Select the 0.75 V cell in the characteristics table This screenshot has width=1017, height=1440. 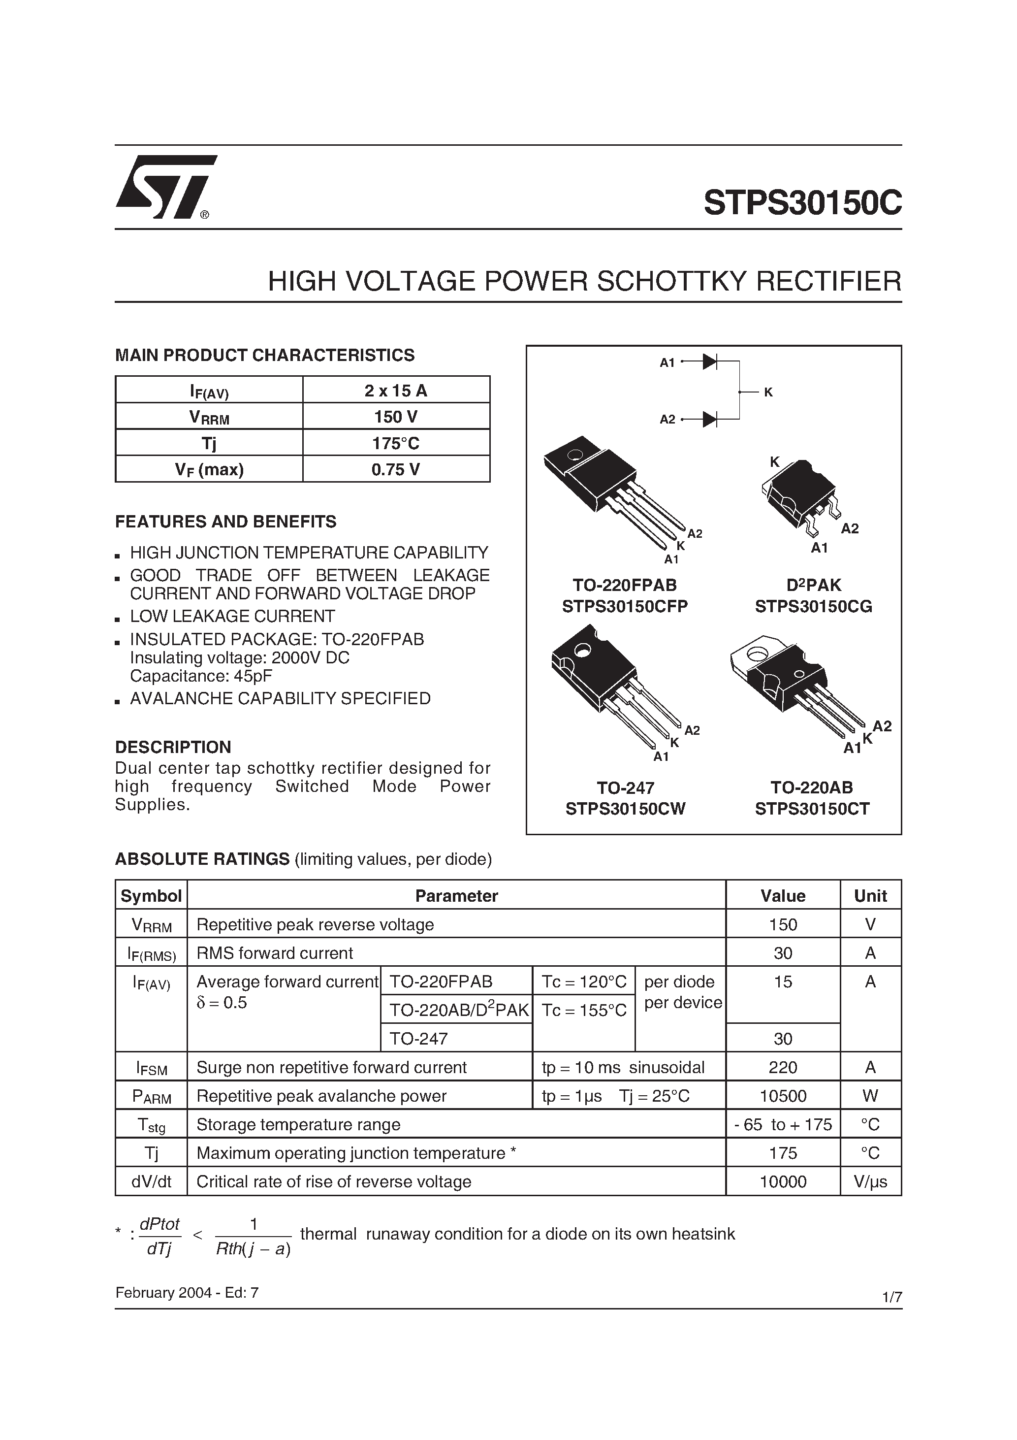[x=396, y=469]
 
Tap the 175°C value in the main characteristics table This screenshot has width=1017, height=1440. [x=396, y=443]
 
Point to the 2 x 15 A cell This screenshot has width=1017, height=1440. [x=396, y=391]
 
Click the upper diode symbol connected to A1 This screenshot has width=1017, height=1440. [x=710, y=362]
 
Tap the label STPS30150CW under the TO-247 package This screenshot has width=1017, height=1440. [x=625, y=809]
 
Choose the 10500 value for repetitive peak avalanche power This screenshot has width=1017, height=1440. [x=783, y=1096]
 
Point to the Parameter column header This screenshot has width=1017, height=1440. [x=456, y=896]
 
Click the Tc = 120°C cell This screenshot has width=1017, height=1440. [x=584, y=982]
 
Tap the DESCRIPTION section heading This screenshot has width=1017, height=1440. [x=173, y=747]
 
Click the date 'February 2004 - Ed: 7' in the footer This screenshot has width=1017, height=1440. [x=187, y=1293]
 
